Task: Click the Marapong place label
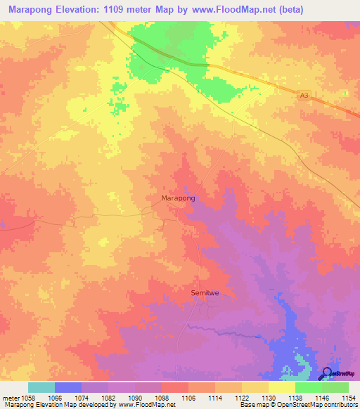click(x=178, y=198)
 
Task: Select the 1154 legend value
click(x=347, y=397)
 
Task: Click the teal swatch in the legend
click(x=41, y=387)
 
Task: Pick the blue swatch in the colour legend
click(x=68, y=387)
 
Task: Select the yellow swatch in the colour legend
click(x=282, y=387)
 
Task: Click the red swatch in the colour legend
click(x=175, y=387)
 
